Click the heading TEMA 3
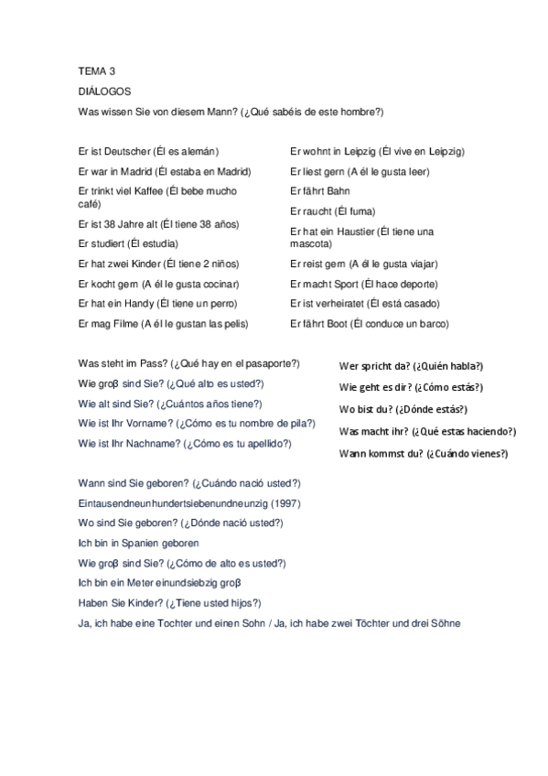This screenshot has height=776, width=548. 97,70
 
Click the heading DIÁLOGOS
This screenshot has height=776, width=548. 105,92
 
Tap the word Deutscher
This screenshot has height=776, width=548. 124,151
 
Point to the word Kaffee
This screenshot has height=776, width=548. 178,191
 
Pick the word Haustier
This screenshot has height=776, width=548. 349,232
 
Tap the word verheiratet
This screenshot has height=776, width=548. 336,303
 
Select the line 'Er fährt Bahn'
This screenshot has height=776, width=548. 319,191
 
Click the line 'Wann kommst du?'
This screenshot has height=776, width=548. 423,453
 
